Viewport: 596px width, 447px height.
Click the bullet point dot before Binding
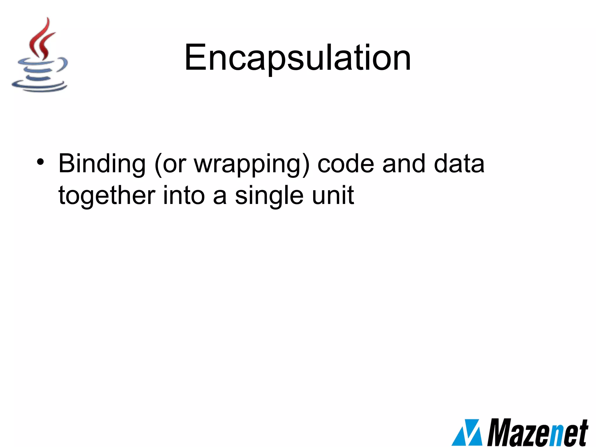(x=40, y=162)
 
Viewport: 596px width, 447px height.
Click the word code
(x=345, y=164)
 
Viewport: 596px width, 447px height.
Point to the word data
(x=459, y=164)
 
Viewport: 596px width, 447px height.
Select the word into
(x=184, y=196)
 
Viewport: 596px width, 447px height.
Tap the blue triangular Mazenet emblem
(x=467, y=432)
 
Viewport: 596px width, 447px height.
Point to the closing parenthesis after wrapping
(x=306, y=164)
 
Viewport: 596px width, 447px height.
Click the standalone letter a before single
(x=220, y=197)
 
